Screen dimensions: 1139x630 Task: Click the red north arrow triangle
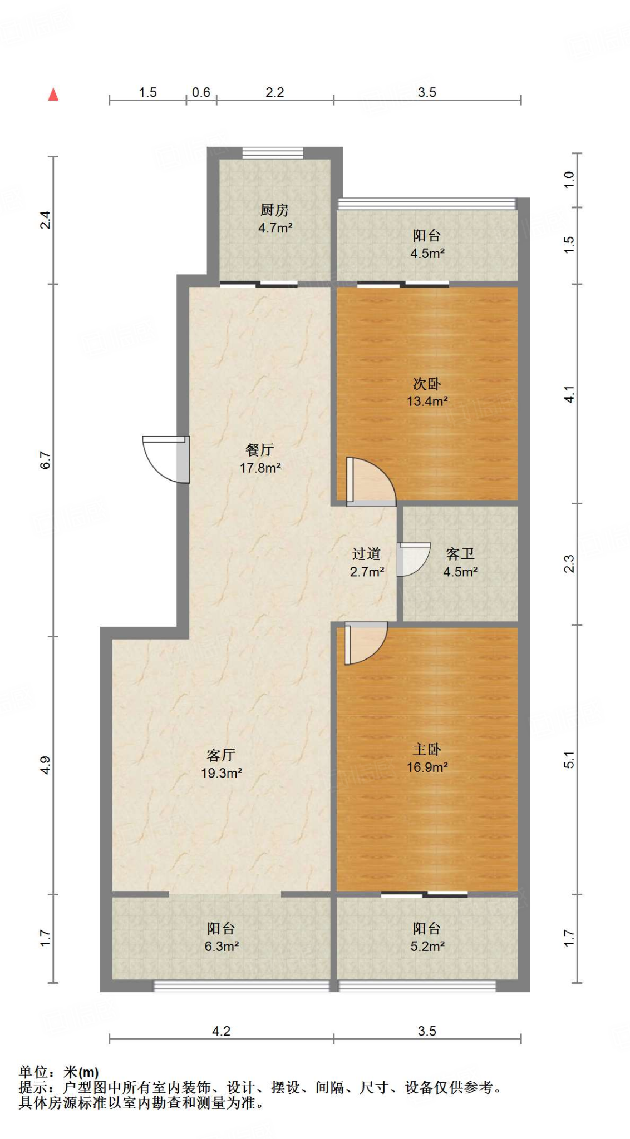tap(53, 95)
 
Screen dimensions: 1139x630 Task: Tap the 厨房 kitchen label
tap(274, 210)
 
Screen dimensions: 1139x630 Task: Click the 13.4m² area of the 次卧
tap(427, 401)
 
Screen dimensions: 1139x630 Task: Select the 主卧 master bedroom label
tap(427, 749)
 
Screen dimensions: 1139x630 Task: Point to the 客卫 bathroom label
tap(460, 554)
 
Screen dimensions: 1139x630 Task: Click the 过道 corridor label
tap(366, 554)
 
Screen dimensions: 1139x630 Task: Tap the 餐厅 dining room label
tap(260, 450)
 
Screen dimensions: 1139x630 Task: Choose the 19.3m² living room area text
tap(221, 772)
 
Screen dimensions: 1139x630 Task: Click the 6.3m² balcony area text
tap(221, 946)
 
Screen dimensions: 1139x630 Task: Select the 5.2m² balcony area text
tap(427, 946)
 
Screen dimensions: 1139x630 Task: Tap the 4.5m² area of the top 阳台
tap(427, 254)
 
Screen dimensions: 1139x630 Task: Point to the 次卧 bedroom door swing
tap(370, 482)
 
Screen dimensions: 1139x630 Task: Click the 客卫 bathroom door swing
tap(412, 558)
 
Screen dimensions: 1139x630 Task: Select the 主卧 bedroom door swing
tap(365, 642)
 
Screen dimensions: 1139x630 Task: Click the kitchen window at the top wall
tap(273, 153)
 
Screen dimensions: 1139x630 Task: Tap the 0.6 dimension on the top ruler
tap(201, 92)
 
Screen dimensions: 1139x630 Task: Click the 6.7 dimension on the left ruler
tap(46, 460)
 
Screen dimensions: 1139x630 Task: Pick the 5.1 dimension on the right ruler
tap(569, 759)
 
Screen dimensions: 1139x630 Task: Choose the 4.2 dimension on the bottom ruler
tap(221, 1031)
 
